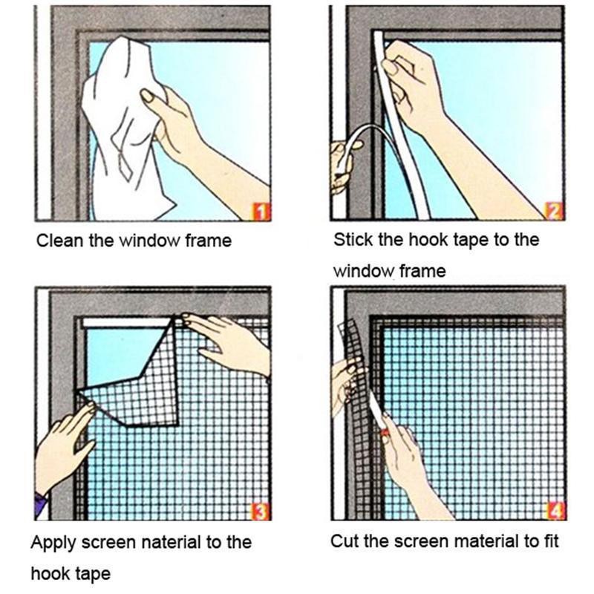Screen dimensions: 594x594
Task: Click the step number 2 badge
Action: pos(552,212)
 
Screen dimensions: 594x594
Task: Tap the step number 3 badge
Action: pos(261,512)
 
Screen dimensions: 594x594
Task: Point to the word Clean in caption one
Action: pos(56,241)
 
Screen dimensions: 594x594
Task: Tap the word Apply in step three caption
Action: pos(51,543)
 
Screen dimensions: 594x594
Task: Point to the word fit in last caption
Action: pos(548,541)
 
